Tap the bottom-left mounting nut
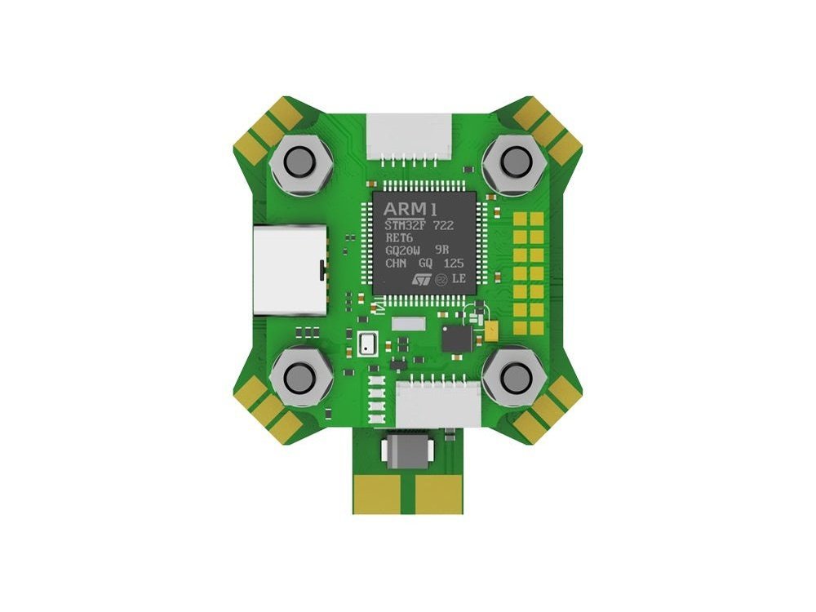tap(303, 376)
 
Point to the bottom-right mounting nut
tap(514, 376)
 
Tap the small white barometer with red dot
tap(366, 344)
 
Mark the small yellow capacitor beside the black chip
tap(491, 329)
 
